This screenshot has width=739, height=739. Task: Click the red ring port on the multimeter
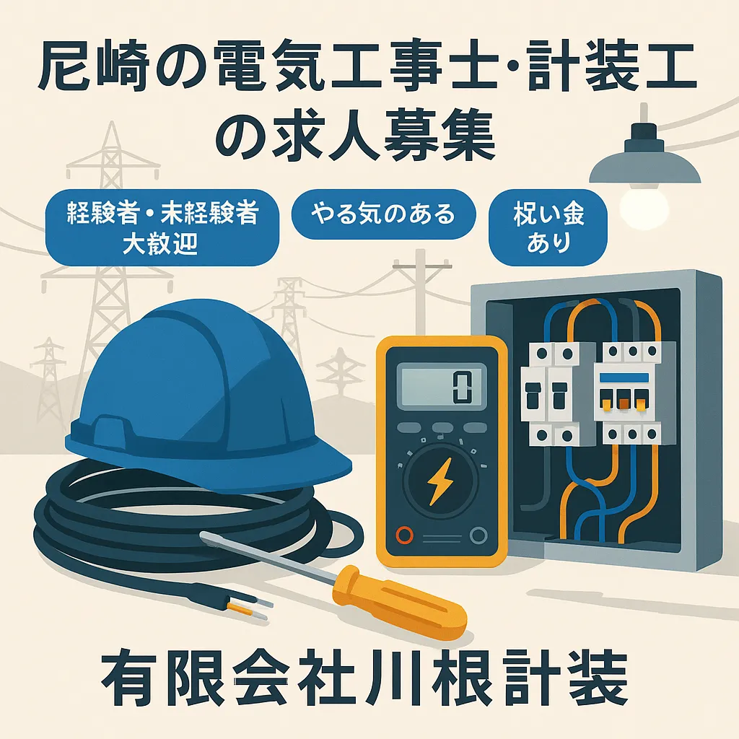tap(405, 535)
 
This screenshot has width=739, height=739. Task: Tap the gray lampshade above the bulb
tap(644, 162)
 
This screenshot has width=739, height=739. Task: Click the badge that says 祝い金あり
tap(547, 227)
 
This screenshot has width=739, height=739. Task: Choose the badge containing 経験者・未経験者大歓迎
tap(162, 228)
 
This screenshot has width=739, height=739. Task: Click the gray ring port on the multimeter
tap(476, 535)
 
